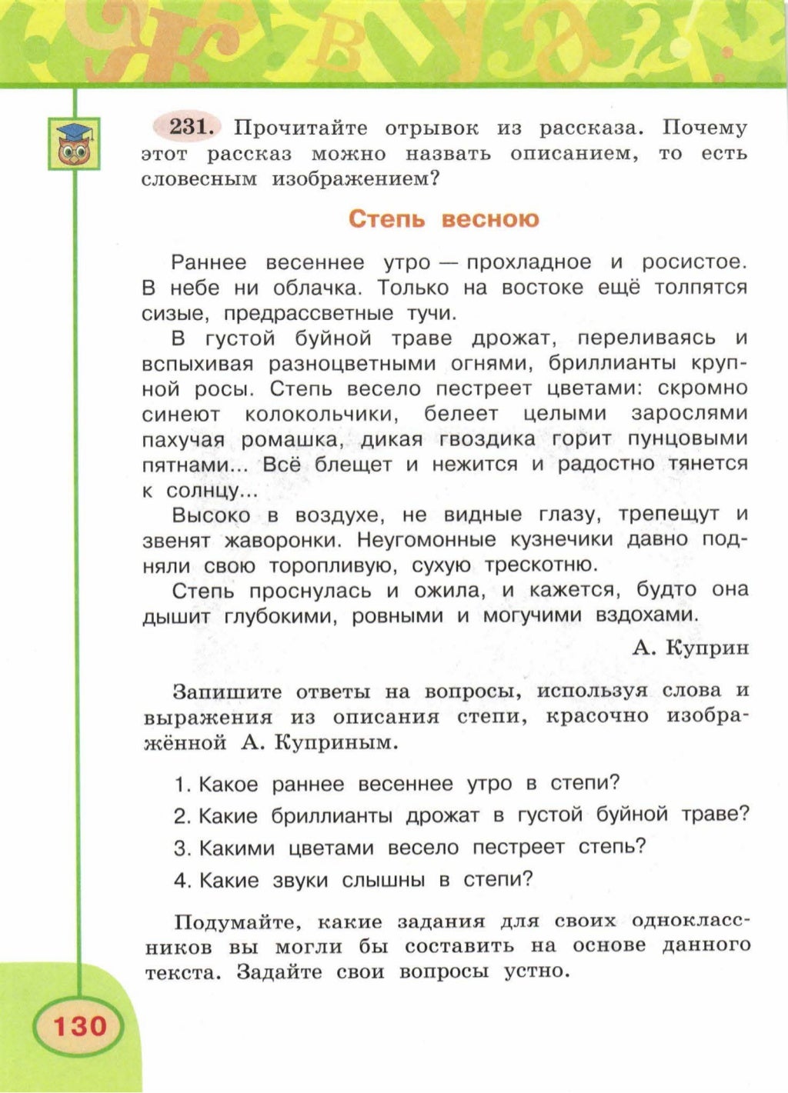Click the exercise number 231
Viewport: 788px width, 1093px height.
point(189,126)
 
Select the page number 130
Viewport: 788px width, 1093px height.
point(78,1025)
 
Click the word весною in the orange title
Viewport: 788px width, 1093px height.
point(490,219)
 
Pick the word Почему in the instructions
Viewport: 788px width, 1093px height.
point(704,128)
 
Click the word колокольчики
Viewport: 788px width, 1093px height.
point(322,415)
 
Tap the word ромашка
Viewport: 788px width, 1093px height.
point(289,440)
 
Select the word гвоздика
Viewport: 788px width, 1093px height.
point(486,439)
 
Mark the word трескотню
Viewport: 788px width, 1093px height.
point(541,565)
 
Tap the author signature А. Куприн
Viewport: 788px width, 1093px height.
point(689,648)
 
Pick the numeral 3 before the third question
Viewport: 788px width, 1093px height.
point(181,848)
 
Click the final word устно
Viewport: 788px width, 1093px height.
point(536,971)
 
